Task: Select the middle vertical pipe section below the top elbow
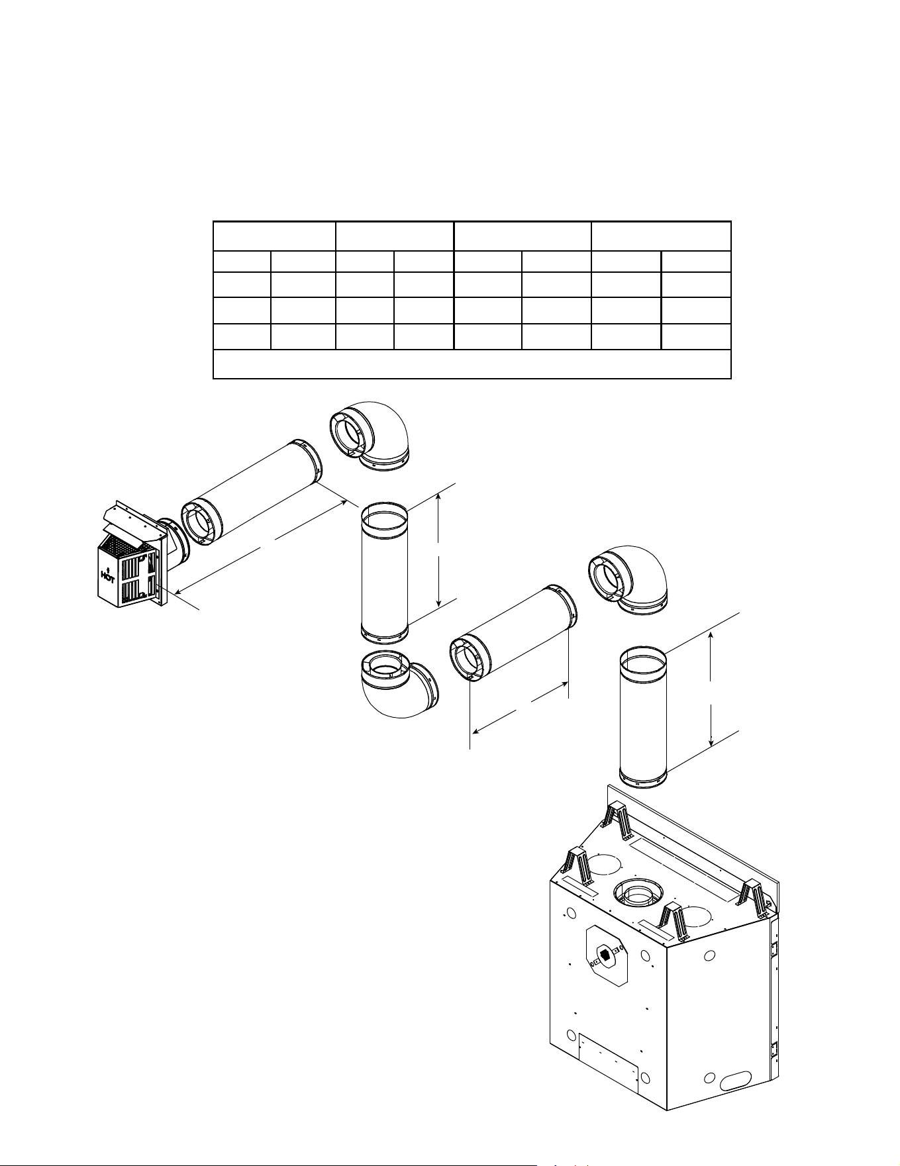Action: (384, 573)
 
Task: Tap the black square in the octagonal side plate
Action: (605, 955)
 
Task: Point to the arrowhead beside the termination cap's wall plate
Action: (175, 587)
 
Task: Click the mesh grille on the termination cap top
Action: (120, 545)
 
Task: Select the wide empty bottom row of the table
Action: (472, 364)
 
